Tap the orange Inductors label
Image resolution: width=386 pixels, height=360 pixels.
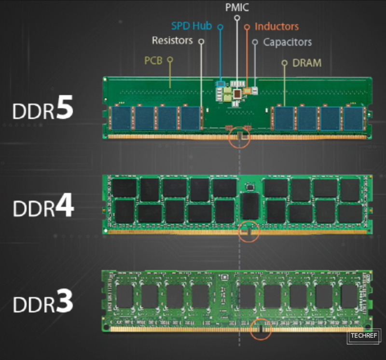pyautogui.click(x=276, y=27)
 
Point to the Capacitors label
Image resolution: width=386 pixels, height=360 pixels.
pyautogui.click(x=287, y=42)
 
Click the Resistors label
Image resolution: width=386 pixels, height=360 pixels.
pyautogui.click(x=172, y=41)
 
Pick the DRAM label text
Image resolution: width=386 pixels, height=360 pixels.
pyautogui.click(x=307, y=63)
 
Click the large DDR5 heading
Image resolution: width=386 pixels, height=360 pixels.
pyautogui.click(x=43, y=111)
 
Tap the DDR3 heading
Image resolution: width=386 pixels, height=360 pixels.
pyautogui.click(x=43, y=304)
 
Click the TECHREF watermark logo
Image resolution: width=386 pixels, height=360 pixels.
pyautogui.click(x=364, y=336)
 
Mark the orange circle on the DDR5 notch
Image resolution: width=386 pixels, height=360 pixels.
pyautogui.click(x=239, y=138)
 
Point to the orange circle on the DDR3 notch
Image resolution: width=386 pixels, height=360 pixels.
pyautogui.click(x=261, y=330)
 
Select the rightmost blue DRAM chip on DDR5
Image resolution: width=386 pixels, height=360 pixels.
pyautogui.click(x=353, y=118)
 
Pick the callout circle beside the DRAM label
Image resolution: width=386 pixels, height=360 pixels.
pyautogui.click(x=284, y=63)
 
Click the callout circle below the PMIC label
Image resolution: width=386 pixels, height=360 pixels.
pyautogui.click(x=237, y=18)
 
